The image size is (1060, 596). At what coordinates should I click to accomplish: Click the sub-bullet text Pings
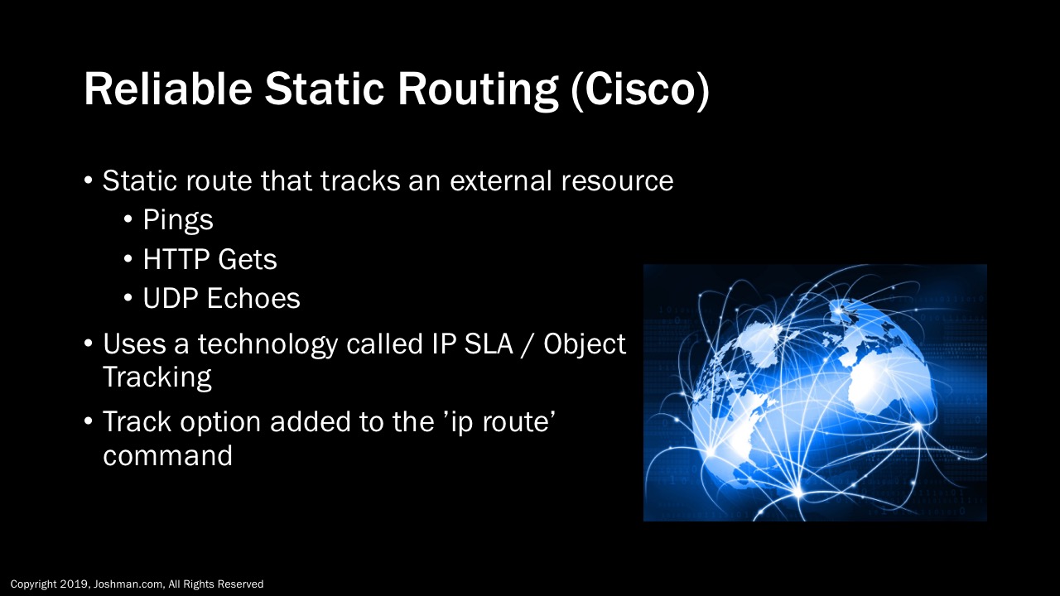coord(177,220)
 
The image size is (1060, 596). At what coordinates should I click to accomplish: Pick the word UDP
coord(171,299)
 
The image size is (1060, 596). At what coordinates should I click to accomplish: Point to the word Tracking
coord(157,377)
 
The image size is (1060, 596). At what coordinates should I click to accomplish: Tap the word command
coord(167,455)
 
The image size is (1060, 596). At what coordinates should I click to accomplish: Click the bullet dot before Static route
coord(89,181)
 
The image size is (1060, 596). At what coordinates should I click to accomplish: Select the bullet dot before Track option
coord(89,421)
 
